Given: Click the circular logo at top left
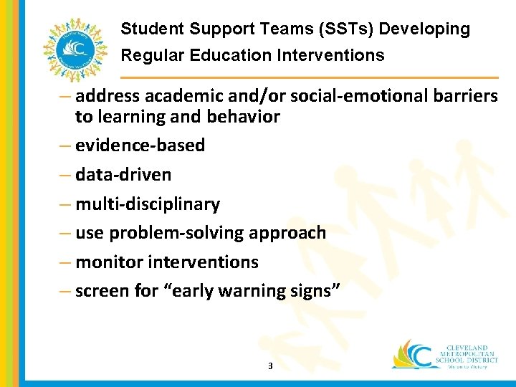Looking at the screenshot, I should click(x=72, y=49).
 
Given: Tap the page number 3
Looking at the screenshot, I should click(x=269, y=366).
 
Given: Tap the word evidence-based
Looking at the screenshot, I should click(x=140, y=145).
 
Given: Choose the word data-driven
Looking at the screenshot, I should click(x=123, y=175).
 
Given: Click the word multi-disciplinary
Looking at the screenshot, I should click(x=148, y=204).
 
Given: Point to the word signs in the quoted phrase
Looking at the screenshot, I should click(x=317, y=292).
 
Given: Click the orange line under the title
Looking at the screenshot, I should click(x=308, y=77).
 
